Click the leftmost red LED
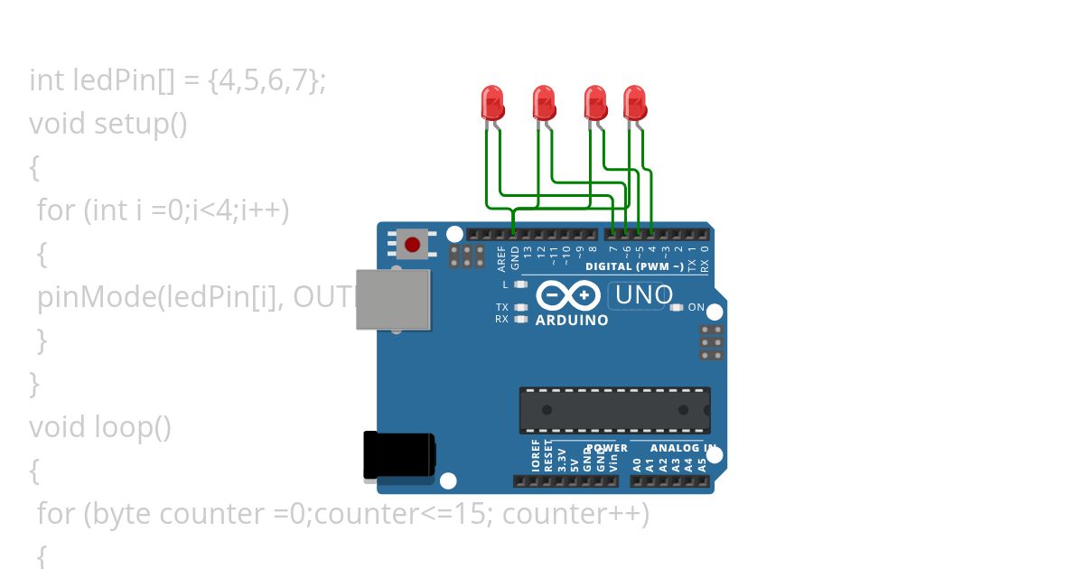(492, 102)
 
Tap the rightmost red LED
(635, 102)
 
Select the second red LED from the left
(543, 102)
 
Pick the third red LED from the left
(594, 102)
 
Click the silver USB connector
(392, 299)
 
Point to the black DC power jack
(398, 455)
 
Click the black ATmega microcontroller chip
(614, 410)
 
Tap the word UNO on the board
(644, 294)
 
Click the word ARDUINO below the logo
(572, 321)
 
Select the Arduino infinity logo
(568, 295)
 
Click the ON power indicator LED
(677, 308)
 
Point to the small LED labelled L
(520, 284)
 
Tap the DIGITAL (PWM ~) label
(634, 266)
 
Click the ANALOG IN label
(672, 448)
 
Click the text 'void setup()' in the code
(108, 124)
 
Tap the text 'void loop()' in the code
(100, 426)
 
